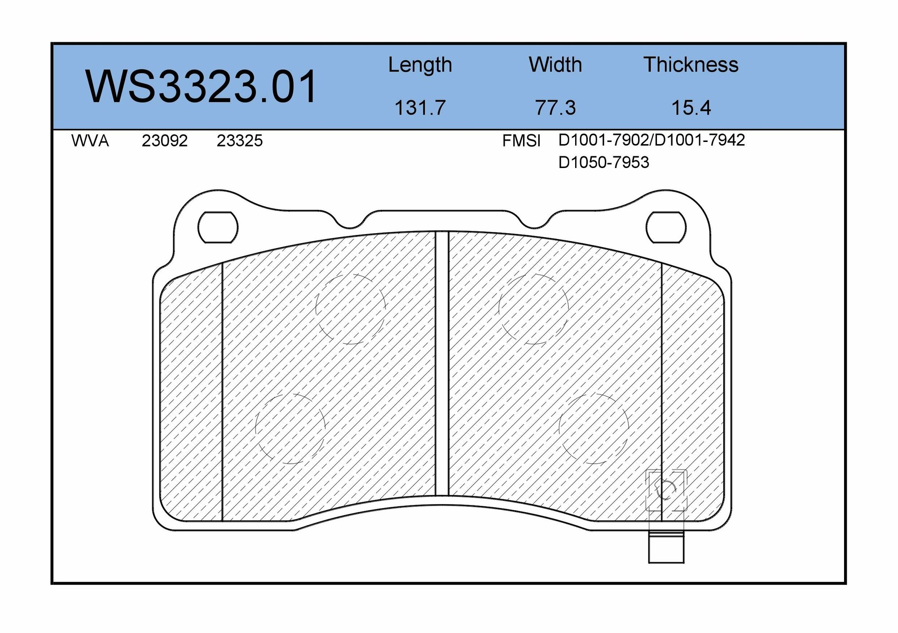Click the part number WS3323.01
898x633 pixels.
pos(201,87)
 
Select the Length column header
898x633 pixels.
pos(420,65)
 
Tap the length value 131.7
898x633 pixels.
pos(420,108)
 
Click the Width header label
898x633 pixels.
pos(555,65)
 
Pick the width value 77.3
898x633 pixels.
pos(555,108)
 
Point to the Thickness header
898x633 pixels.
pos(691,65)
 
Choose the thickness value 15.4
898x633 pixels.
pos(691,108)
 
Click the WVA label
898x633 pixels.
pos(90,141)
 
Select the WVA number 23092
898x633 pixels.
pos(164,141)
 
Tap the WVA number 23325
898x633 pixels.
pos(239,141)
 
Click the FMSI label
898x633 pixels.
pos(521,141)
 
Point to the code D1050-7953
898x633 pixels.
pos(603,162)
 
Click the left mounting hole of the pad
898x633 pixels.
pos(218,227)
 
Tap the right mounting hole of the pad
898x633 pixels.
pos(666,227)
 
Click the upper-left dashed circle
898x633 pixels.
pos(351,309)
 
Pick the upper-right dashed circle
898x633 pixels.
pos(533,309)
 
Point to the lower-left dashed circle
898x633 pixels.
pos(290,428)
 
